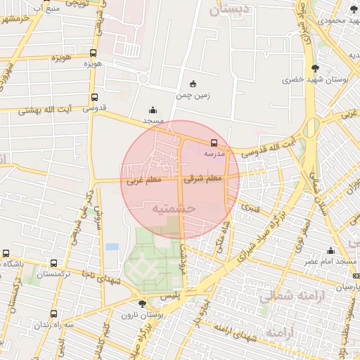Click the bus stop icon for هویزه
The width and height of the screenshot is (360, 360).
point(94,53)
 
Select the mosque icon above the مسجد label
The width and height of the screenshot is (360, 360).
point(153,110)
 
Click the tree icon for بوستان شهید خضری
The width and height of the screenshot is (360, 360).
point(314,68)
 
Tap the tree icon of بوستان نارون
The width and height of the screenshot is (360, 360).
point(143,304)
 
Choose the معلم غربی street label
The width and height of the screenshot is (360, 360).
point(144,181)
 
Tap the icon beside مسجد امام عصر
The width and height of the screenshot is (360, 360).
point(330,250)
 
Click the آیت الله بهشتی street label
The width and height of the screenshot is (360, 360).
point(41,110)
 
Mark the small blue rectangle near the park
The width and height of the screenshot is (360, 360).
point(112,247)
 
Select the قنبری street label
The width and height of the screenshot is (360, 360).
point(251,208)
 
